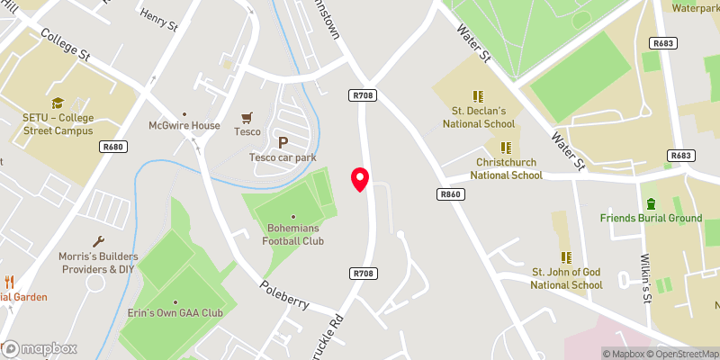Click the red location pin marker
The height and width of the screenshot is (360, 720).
[361, 179]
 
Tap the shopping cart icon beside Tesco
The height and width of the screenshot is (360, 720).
[248, 117]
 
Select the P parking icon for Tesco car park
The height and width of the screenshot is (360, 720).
[283, 142]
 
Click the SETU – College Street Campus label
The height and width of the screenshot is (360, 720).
[58, 124]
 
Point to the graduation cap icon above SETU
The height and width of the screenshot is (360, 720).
[58, 103]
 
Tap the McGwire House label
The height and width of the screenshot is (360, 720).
[184, 125]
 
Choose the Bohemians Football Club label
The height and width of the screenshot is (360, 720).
[293, 234]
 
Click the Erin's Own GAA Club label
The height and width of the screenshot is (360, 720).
[175, 312]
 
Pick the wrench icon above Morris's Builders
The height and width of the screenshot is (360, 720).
[99, 241]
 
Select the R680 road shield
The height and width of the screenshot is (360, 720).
[112, 146]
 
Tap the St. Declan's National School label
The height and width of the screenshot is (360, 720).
[477, 118]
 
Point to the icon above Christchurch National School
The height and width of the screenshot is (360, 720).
[506, 148]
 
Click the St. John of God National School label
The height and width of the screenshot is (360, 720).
[566, 278]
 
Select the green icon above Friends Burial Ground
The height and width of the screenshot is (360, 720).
[651, 202]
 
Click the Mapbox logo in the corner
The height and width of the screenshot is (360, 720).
[40, 348]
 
